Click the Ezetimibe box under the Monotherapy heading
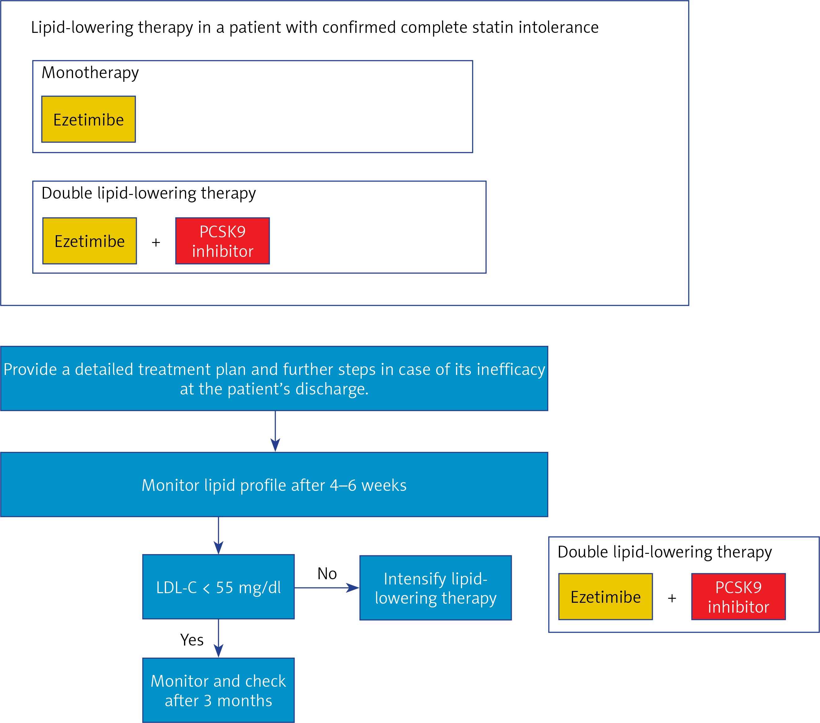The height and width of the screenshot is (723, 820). point(89,119)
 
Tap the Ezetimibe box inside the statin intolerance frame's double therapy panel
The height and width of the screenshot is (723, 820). point(90,241)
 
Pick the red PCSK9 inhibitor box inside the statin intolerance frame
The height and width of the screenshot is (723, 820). point(223,241)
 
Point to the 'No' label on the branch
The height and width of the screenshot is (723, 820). point(327,574)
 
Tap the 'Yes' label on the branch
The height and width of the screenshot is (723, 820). point(192,640)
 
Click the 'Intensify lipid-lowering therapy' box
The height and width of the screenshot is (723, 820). point(436,588)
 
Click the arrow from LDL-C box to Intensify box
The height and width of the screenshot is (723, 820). point(327,588)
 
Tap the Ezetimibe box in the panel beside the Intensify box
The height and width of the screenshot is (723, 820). point(606,597)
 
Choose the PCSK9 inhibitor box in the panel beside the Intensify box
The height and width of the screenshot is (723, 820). point(739,597)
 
